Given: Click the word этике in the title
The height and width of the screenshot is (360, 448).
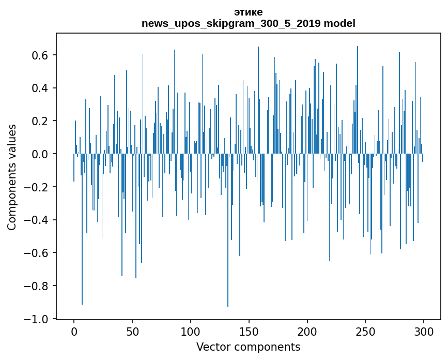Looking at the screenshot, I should [x=248, y=12].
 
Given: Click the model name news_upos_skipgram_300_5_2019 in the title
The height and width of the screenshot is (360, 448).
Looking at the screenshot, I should [x=231, y=24].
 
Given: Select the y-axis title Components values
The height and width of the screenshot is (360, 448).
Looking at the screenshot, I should [x=12, y=177].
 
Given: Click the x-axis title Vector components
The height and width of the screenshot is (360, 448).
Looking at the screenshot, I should [x=248, y=347].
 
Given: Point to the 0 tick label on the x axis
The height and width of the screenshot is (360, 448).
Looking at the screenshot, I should [x=74, y=331].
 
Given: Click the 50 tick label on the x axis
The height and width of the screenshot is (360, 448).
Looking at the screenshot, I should [x=132, y=331].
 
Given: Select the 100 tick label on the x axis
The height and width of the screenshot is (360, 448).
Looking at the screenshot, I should [x=191, y=331].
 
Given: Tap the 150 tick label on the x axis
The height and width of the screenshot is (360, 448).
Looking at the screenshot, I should [x=249, y=331].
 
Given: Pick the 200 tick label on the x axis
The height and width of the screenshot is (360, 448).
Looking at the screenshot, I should [x=307, y=331].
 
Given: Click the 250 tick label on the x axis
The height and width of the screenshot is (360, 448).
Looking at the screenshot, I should [x=366, y=331].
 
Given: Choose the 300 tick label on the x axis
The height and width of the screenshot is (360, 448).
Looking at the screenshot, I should [x=424, y=331].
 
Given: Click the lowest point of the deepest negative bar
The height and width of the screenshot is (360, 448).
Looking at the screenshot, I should [x=228, y=306].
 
